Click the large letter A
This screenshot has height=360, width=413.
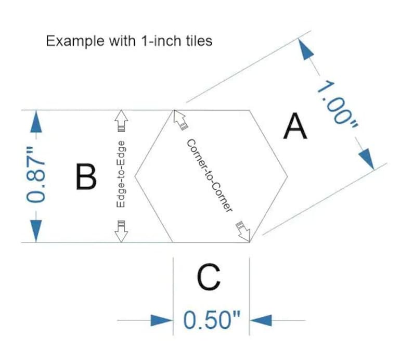click(295, 126)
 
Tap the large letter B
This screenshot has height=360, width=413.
click(86, 176)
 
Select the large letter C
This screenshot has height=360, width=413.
click(209, 277)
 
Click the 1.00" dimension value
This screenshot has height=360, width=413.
click(338, 106)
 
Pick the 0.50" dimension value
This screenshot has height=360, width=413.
click(212, 320)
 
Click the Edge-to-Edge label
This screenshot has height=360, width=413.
click(121, 174)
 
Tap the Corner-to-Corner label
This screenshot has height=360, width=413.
click(210, 176)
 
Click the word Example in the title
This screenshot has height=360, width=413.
click(75, 41)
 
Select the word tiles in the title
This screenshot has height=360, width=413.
click(199, 41)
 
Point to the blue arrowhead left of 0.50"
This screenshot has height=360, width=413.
click(161, 320)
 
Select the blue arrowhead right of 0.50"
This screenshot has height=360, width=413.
click(261, 320)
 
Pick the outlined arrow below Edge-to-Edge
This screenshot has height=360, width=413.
click(121, 231)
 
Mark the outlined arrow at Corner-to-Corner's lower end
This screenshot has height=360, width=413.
click(243, 232)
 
